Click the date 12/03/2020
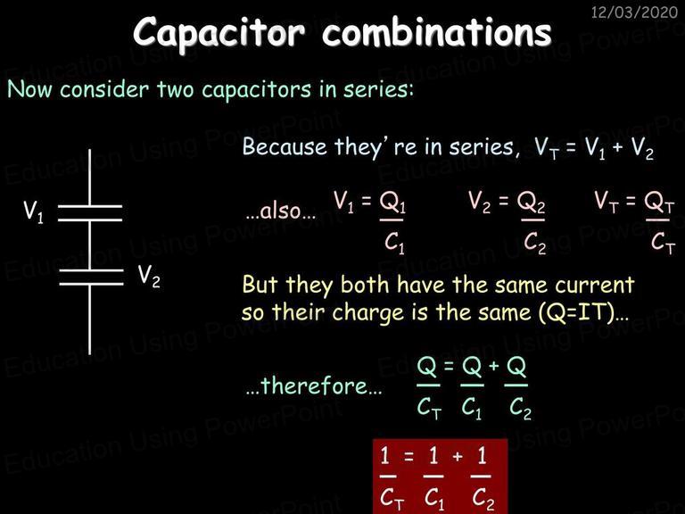click(634, 12)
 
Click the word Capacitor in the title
click(219, 33)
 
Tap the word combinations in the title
click(437, 31)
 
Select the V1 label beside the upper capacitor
click(34, 212)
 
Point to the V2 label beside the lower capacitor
click(149, 277)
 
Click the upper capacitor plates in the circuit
click(90, 213)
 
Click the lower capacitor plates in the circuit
click(91, 278)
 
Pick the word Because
click(285, 146)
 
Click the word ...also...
click(280, 211)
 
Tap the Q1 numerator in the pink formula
click(392, 203)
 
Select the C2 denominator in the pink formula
click(535, 242)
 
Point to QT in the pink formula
click(660, 203)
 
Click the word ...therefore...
click(314, 385)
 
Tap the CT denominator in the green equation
click(429, 408)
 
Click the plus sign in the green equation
click(493, 365)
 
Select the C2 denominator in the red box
click(483, 498)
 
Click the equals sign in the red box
click(409, 457)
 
